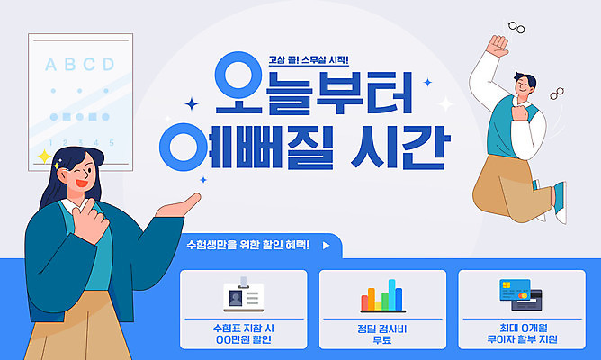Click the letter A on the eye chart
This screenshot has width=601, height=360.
click(x=50, y=65)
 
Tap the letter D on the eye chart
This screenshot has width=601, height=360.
click(x=108, y=65)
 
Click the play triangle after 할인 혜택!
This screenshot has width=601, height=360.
click(x=326, y=244)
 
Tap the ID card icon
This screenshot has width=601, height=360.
click(x=239, y=296)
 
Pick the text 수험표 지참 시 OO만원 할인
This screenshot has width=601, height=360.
click(x=238, y=334)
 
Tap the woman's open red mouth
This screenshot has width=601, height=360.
click(x=80, y=186)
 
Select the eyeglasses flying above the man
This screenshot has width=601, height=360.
click(x=518, y=28)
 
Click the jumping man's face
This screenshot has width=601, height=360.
click(x=525, y=88)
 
